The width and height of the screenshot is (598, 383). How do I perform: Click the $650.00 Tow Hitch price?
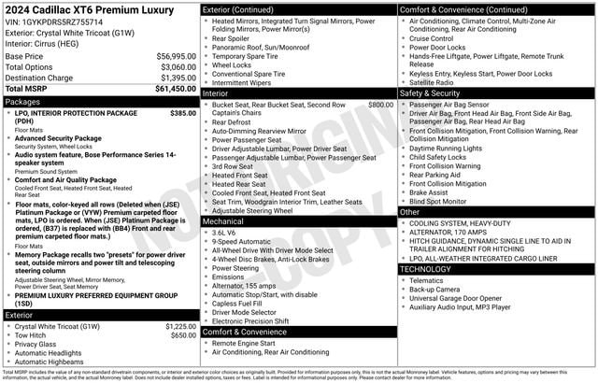pos(183,335)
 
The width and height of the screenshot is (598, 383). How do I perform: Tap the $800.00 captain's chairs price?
pos(380,106)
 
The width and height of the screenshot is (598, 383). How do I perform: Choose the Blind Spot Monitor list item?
pos(438,201)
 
